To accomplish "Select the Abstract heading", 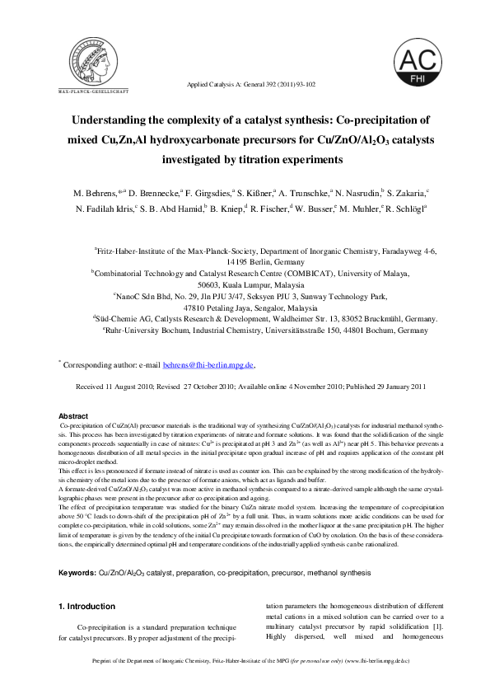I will click(x=74, y=416).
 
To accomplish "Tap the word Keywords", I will click(x=77, y=572).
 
